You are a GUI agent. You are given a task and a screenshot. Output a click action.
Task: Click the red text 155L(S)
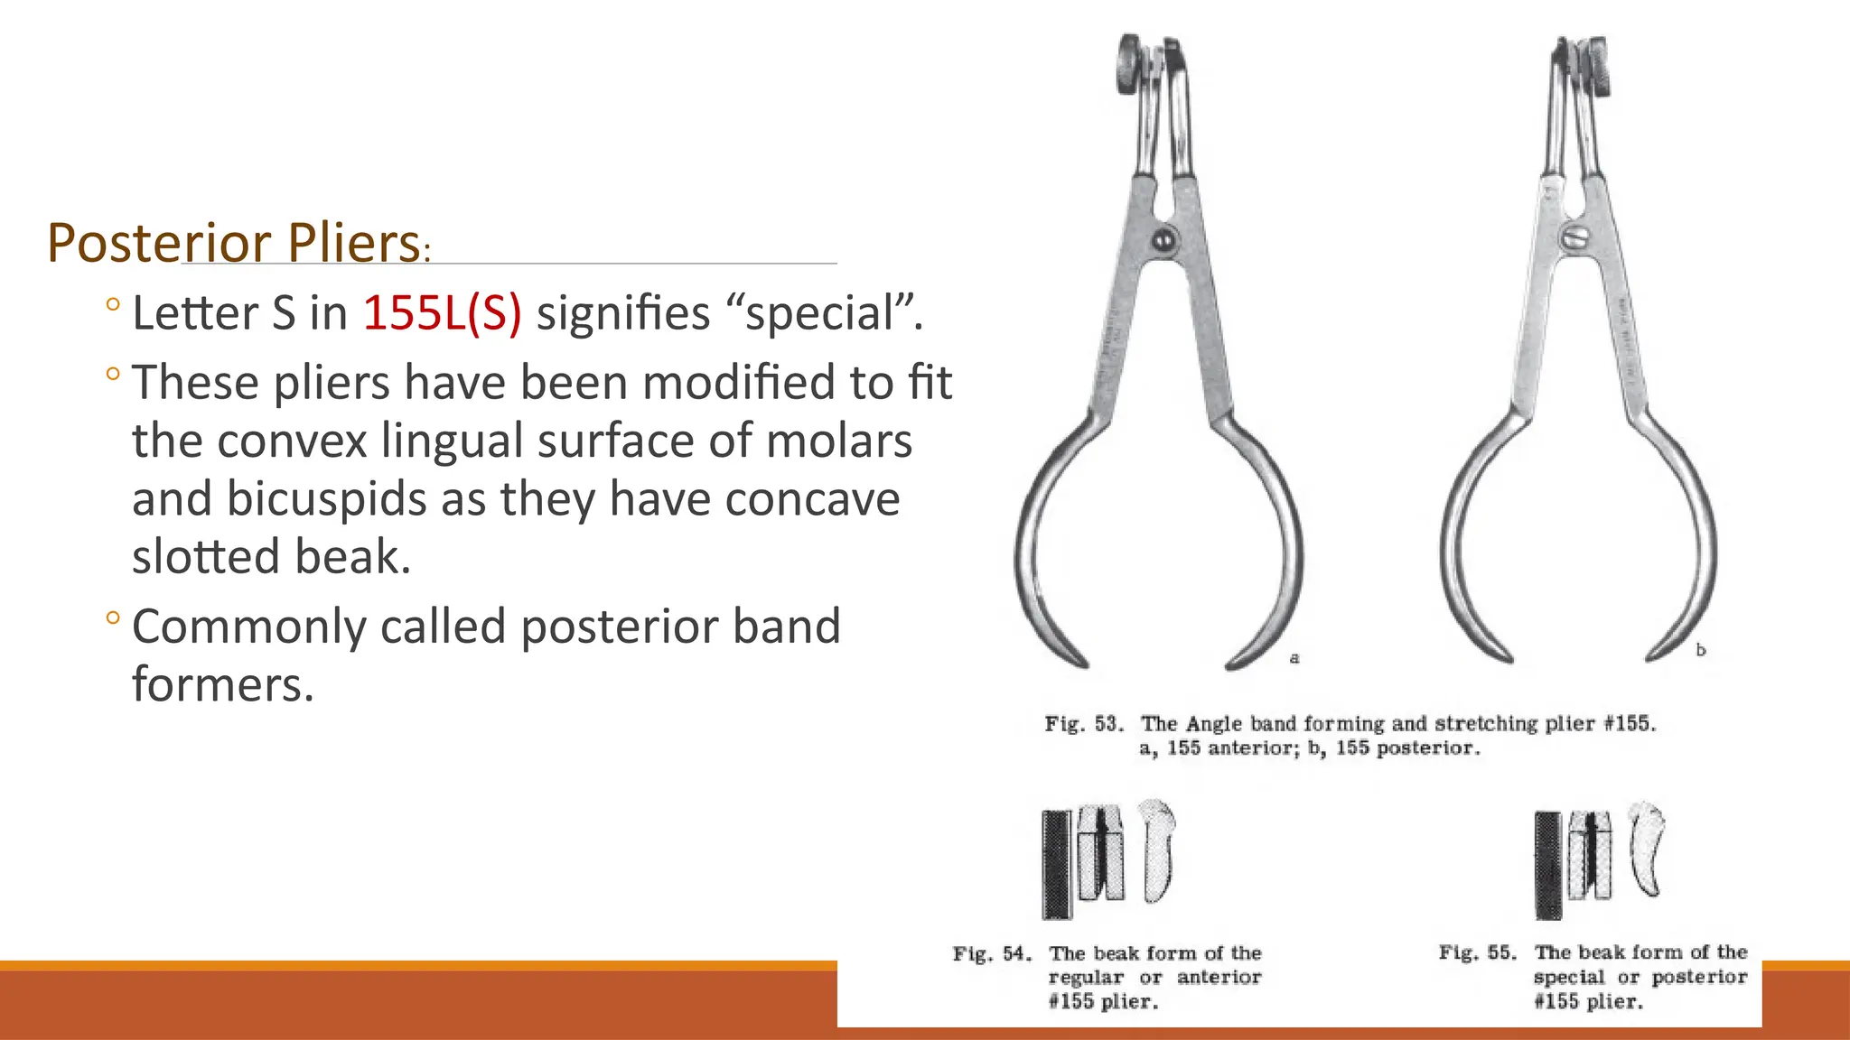442,313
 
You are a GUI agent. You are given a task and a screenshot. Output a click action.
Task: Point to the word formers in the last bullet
222,684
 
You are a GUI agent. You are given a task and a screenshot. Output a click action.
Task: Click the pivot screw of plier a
1163,240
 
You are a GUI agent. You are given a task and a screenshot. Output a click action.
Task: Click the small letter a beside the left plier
1294,658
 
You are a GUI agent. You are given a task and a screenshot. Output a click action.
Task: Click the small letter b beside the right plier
1701,650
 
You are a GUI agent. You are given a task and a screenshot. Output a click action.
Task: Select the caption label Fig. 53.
1084,724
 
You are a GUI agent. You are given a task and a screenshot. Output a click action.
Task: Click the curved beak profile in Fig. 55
1647,849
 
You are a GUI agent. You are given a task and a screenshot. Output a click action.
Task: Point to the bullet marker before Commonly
112,618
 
